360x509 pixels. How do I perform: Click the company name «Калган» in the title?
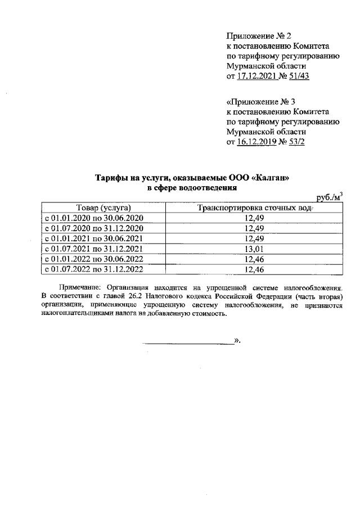(272, 178)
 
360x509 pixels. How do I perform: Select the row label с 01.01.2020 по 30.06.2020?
(94, 218)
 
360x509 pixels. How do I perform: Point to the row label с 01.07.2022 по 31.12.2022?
(94, 269)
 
